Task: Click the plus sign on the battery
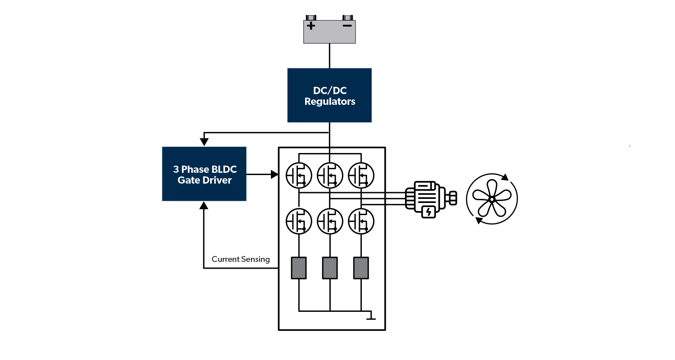tap(311, 26)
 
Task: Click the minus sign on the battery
tap(347, 26)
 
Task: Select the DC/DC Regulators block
tap(329, 95)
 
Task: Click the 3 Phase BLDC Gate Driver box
tap(204, 174)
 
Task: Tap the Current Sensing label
tap(241, 259)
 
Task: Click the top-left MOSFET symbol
tap(299, 175)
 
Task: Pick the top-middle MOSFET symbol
tap(330, 175)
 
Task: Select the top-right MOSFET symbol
tap(361, 175)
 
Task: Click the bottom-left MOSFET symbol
tap(299, 220)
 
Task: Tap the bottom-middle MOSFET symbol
tap(330, 220)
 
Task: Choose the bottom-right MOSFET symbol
tap(361, 220)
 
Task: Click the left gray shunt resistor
tap(299, 268)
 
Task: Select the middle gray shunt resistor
tap(330, 268)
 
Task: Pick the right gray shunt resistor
tap(361, 268)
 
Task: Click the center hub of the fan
tap(492, 199)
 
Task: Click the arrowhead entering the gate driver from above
tap(204, 142)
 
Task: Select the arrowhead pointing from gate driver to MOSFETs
tap(274, 174)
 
